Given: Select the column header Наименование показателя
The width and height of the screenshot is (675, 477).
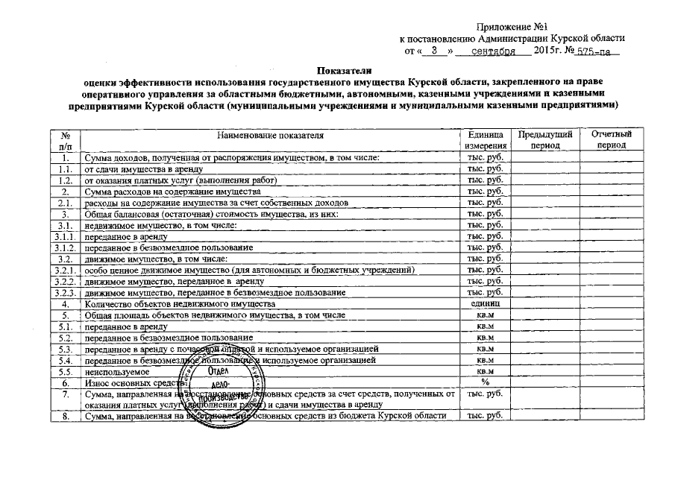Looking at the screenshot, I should (x=271, y=135).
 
